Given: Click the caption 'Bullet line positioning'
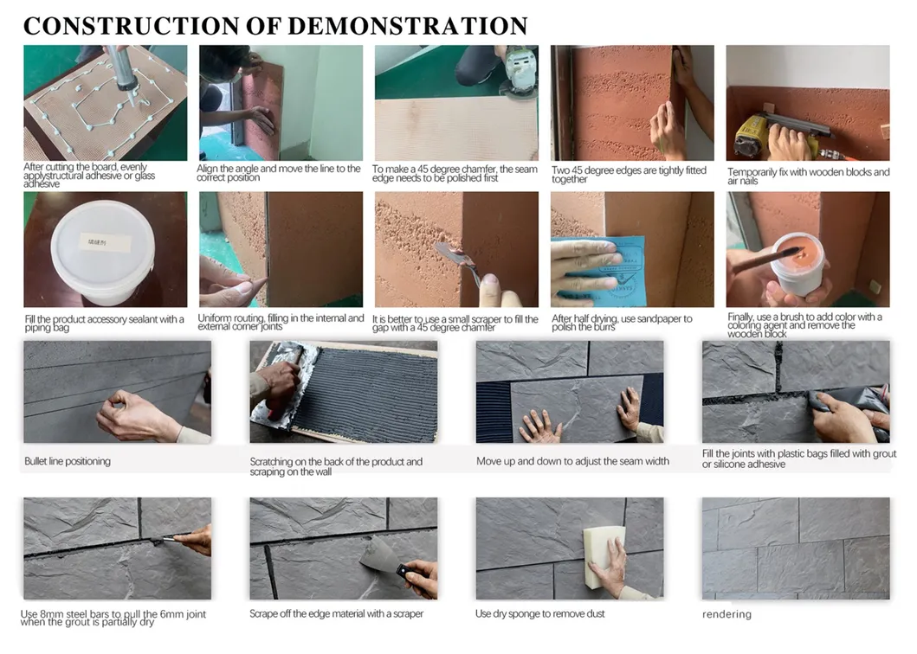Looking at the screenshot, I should pyautogui.click(x=68, y=461).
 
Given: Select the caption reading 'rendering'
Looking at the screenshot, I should pyautogui.click(x=726, y=614).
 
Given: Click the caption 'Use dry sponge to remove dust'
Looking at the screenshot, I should pyautogui.click(x=539, y=613).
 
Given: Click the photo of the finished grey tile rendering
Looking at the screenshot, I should pyautogui.click(x=795, y=548).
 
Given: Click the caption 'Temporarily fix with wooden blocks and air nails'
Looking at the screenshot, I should pyautogui.click(x=807, y=176).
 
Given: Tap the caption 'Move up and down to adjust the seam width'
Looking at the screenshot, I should pyautogui.click(x=572, y=461).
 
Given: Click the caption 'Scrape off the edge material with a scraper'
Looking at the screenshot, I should pyautogui.click(x=336, y=613).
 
